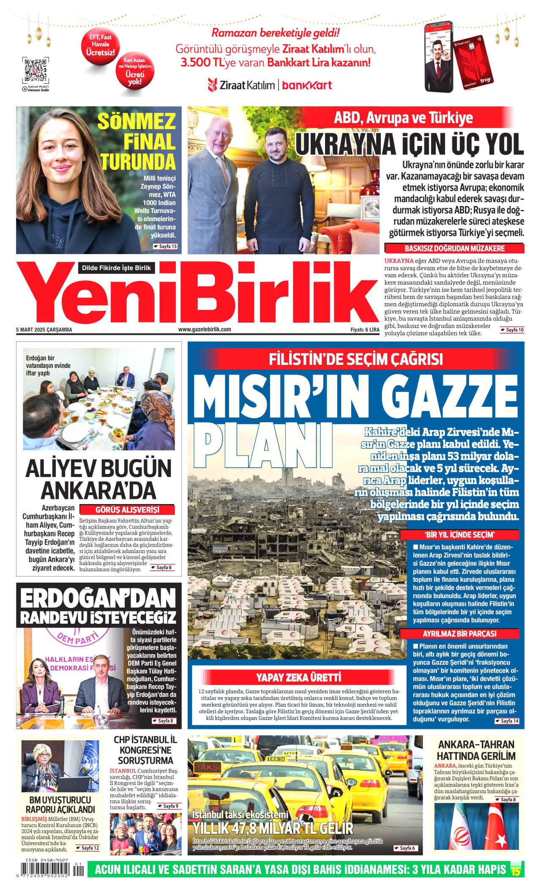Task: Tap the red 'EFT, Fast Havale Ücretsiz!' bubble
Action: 100,45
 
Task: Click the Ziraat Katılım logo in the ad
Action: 241,85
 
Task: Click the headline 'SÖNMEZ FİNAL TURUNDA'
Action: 137,142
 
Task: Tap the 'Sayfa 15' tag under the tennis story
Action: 165,246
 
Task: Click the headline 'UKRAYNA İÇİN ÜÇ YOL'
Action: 409,144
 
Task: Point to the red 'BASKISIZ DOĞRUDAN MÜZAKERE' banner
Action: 454,248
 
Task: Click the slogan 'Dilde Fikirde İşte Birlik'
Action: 116,268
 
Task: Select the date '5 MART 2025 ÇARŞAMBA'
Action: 44,330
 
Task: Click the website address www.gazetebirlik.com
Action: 205,329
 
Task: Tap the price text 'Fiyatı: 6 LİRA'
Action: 365,330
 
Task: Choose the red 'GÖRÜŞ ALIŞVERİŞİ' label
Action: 127,510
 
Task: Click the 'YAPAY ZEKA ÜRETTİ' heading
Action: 298,677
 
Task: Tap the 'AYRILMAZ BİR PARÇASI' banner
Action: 459,633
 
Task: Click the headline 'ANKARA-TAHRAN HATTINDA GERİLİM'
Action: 476,750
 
